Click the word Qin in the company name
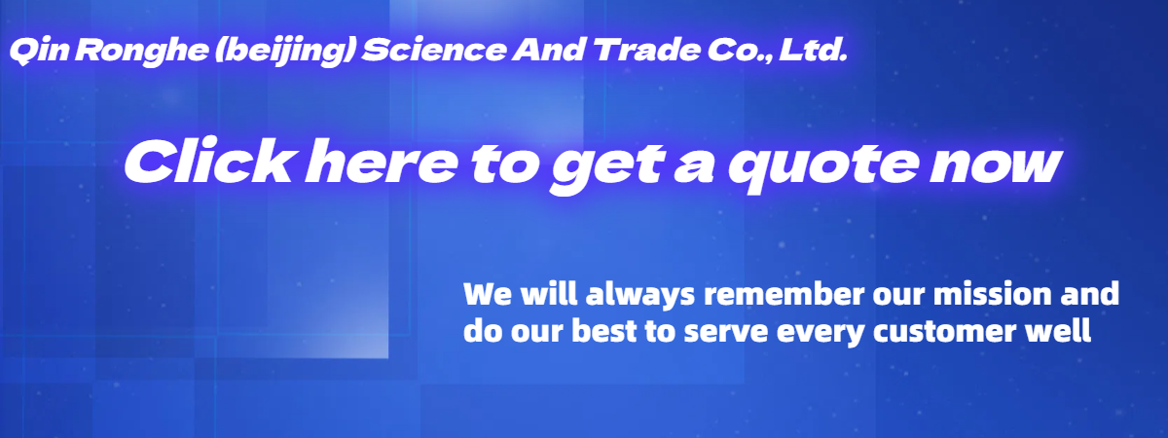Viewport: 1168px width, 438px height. coord(39,51)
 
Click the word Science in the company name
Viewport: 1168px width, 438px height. coord(434,50)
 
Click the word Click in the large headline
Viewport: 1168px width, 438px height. coord(208,162)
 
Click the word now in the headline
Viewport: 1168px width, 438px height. coord(996,165)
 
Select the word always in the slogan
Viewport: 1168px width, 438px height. coord(640,295)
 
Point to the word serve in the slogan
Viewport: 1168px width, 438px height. coord(726,334)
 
